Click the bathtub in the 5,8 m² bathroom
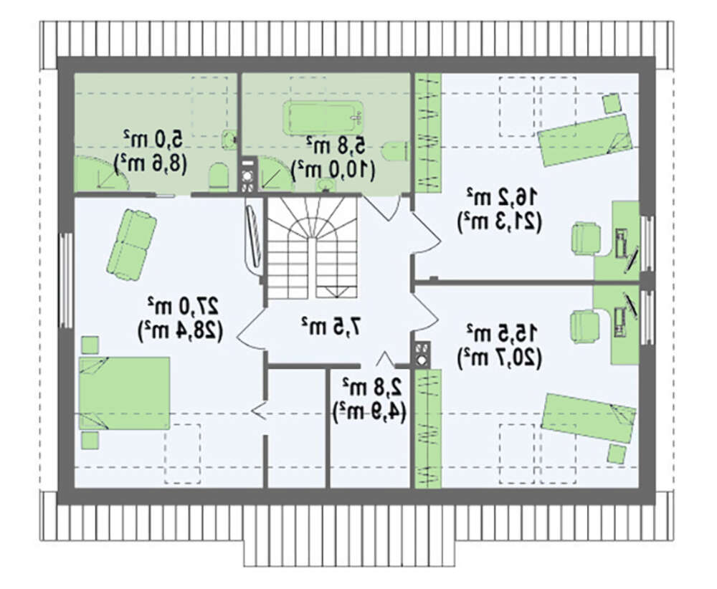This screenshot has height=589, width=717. point(324,118)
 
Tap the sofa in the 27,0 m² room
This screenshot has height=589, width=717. point(132,244)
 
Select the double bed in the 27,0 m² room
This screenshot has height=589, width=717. point(124,393)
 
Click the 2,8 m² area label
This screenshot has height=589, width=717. point(372,388)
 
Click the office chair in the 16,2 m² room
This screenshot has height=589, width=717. point(586,238)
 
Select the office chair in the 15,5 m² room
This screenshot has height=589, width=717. point(585,326)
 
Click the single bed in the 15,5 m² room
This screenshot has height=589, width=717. point(589,418)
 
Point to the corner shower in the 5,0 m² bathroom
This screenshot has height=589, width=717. point(102,173)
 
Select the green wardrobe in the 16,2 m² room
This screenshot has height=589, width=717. point(428,133)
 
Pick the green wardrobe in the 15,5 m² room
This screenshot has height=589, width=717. point(428,428)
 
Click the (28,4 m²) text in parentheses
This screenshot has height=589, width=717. point(180,331)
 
